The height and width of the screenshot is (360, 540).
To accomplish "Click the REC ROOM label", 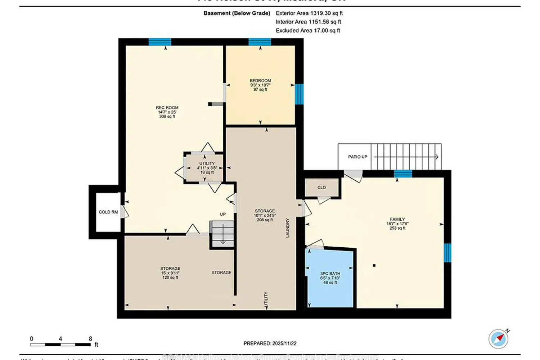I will point(167,108).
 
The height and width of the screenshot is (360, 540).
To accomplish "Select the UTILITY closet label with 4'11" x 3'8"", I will point(207,164).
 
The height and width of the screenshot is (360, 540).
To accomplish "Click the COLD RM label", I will point(108,212).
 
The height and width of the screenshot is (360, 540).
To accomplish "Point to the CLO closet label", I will point(321,188).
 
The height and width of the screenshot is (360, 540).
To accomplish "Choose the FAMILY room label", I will point(397,219).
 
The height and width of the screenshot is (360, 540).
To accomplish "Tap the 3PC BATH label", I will point(330,274).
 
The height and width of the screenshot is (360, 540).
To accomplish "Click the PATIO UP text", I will point(357,157).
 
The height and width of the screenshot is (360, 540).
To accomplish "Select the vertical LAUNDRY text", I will point(288,228).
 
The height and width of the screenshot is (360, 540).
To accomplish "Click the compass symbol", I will point(499,339).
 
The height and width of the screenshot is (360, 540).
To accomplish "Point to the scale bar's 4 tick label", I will point(60,339).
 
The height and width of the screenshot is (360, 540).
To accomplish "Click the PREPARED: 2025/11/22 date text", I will point(270,343).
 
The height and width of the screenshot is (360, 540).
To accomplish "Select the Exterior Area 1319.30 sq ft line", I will point(309,13).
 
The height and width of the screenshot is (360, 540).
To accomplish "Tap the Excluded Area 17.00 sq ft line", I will point(308,31).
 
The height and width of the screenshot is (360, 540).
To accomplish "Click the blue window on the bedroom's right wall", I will point(299,94).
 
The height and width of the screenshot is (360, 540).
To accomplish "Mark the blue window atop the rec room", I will point(160,42).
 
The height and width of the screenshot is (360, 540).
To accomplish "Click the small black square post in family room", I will point(374,266).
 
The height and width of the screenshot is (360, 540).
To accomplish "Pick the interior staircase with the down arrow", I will point(222,234).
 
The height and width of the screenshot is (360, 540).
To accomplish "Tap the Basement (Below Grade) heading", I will point(237,13).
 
